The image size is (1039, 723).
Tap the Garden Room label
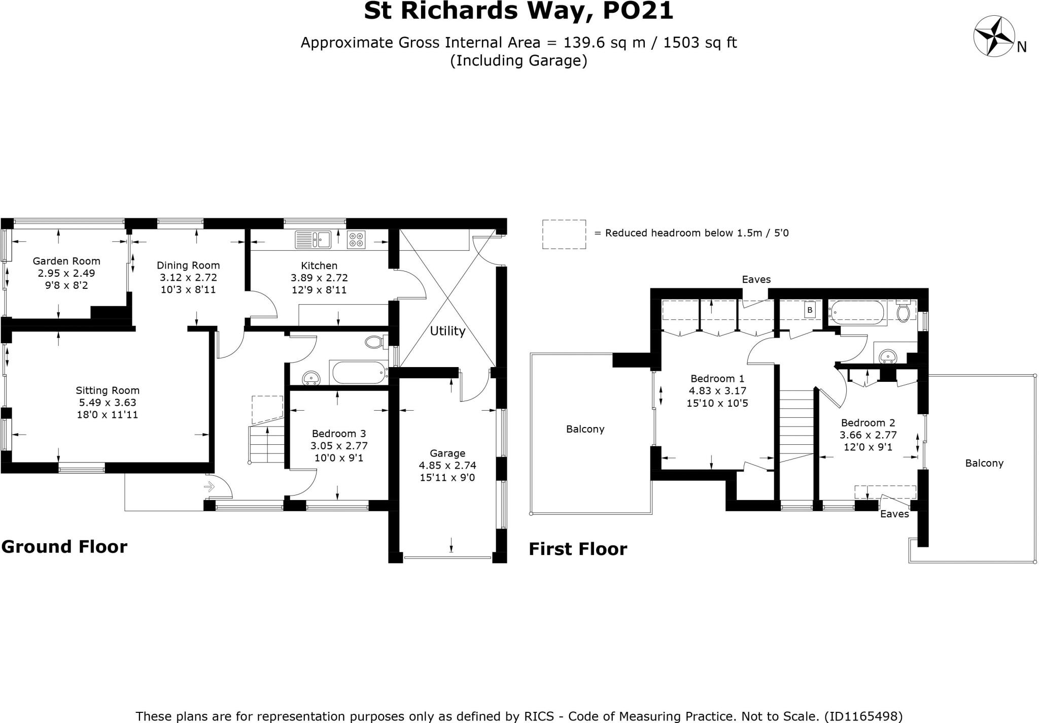(x=66, y=261)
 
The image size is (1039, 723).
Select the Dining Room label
(x=188, y=265)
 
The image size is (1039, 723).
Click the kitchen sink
(x=313, y=239)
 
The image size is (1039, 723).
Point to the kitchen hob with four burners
(x=356, y=240)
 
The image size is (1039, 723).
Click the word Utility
(x=447, y=331)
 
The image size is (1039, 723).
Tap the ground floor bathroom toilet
(x=374, y=342)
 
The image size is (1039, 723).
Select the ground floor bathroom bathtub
(x=359, y=373)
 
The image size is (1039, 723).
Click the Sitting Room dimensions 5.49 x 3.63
(x=107, y=403)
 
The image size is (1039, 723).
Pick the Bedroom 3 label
(x=339, y=434)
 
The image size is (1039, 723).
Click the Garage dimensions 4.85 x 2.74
(x=447, y=466)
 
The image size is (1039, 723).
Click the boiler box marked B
(x=810, y=310)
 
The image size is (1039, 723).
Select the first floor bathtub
(x=856, y=313)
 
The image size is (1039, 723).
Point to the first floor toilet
(x=904, y=312)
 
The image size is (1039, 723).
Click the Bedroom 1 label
(x=717, y=379)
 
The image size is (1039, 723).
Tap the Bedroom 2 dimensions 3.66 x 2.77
(x=868, y=435)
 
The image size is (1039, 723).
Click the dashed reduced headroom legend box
(x=564, y=234)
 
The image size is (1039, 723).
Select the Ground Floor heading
(x=64, y=547)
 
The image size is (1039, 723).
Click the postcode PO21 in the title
(x=638, y=11)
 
